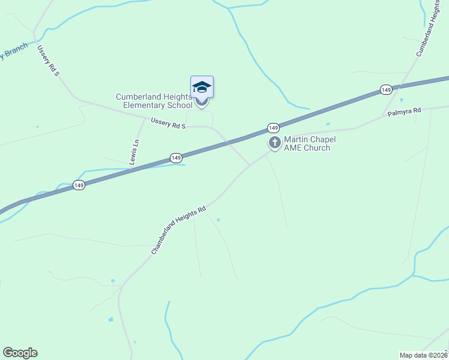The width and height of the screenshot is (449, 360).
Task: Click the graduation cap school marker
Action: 202,87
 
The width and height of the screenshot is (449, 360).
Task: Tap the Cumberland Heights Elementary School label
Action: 153,101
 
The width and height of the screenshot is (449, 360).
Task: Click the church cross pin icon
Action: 275,143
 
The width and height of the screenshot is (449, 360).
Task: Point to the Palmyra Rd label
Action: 405,112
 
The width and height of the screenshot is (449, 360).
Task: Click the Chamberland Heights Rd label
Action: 178,230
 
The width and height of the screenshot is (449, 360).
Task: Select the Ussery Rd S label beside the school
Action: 169,123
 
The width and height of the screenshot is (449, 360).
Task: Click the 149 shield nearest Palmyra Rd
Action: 386,90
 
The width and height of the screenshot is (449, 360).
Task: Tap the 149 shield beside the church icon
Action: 273,128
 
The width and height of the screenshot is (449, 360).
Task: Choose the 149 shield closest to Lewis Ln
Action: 175,158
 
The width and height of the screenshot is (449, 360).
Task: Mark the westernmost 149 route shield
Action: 79,185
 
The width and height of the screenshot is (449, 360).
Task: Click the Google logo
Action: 20,353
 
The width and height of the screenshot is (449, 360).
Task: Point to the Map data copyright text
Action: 424,355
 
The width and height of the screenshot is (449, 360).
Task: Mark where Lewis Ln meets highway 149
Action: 130,170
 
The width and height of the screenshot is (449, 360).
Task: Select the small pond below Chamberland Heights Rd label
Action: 218,220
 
